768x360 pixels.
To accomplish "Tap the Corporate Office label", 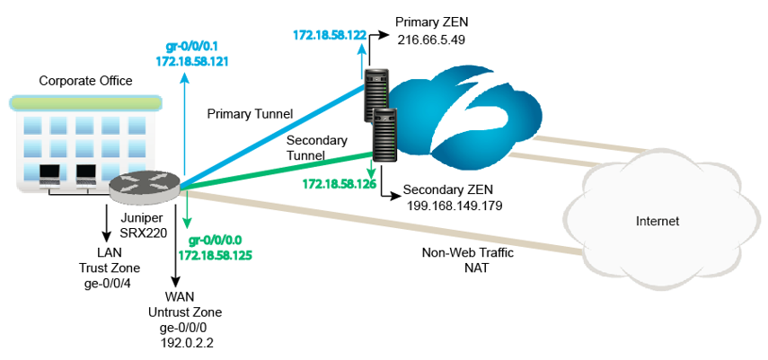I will tap(85, 81).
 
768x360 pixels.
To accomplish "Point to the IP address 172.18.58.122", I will tap(331, 37).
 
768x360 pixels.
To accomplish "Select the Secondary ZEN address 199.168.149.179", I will tap(453, 206).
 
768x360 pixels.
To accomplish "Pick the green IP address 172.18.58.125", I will tap(216, 256).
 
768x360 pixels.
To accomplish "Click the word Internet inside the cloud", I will tap(657, 221).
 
